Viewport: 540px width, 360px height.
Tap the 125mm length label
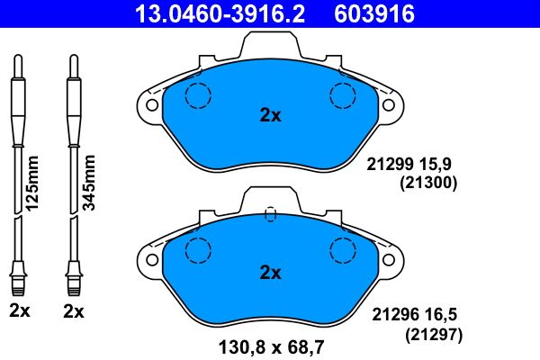34,182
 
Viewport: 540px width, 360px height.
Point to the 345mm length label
88,182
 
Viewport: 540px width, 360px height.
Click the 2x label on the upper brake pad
270,115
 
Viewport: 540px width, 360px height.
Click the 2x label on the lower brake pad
270,272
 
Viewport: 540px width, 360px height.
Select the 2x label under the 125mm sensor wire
19,311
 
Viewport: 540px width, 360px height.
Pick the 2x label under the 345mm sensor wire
74,311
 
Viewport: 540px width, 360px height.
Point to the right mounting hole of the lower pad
389,262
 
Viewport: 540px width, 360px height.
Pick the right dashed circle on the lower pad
343,250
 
